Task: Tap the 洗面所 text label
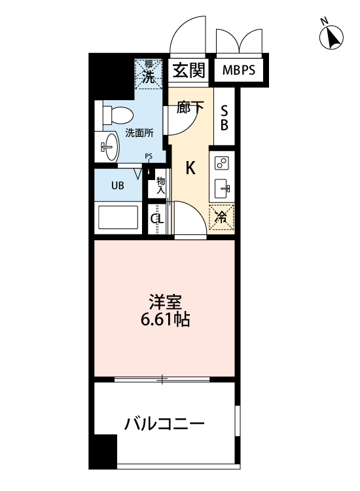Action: coord(139,132)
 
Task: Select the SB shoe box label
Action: coord(224,117)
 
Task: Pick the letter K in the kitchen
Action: coord(190,168)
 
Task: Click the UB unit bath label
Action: coord(117,185)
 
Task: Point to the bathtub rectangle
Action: coord(118,217)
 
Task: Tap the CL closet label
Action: coord(157,219)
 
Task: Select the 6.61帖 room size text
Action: coord(164,321)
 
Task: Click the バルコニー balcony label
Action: coord(164,424)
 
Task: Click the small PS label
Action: coord(149,156)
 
